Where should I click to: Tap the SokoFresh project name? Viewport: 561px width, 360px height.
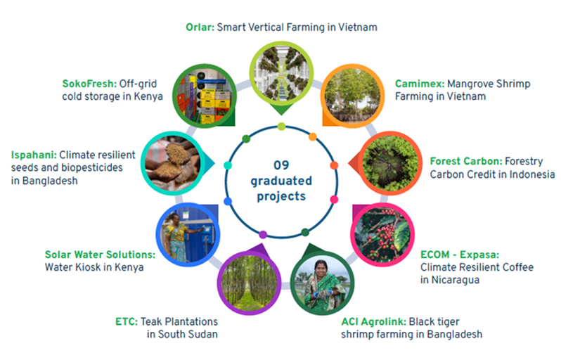click(89, 84)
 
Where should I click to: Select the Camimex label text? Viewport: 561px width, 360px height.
click(420, 84)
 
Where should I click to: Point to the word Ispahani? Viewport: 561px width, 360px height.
click(34, 155)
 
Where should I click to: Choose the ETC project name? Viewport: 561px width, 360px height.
click(127, 322)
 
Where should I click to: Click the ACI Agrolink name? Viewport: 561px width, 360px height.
click(373, 322)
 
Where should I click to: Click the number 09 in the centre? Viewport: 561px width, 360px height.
click(281, 165)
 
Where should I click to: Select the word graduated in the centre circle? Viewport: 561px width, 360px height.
click(281, 181)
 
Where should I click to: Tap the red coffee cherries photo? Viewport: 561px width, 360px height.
click(382, 235)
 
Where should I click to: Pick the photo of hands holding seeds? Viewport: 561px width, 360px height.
click(173, 163)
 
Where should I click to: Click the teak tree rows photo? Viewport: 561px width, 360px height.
click(249, 283)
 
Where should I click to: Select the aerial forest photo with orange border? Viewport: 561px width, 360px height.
click(390, 163)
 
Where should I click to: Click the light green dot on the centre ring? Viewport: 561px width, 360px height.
click(281, 127)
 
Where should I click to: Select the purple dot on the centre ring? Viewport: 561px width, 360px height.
click(263, 235)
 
